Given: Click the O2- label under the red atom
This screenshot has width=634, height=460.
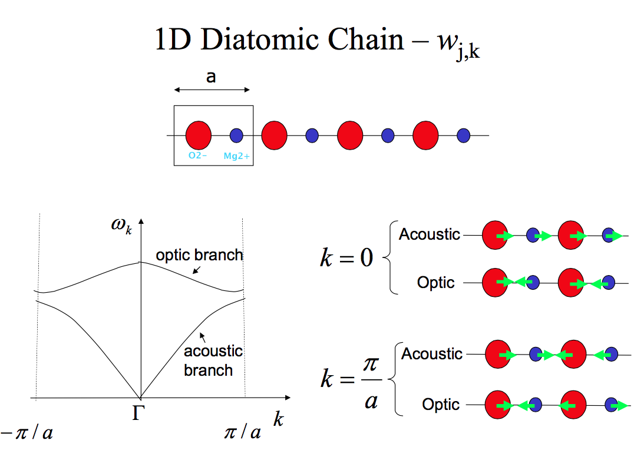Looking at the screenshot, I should (197, 156).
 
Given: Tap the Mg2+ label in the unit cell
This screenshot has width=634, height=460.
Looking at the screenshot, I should (236, 156).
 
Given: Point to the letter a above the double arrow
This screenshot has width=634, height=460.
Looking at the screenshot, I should (211, 77).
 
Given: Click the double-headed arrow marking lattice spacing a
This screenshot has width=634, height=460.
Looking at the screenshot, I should (212, 90).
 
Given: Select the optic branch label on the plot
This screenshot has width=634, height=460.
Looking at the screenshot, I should (199, 255).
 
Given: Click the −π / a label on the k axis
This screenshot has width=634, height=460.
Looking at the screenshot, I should (27, 433).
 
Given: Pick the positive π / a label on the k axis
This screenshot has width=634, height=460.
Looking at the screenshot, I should (242, 433).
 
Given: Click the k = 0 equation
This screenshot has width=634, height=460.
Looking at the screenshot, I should (346, 258).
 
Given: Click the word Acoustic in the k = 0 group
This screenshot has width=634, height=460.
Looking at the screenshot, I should (430, 234).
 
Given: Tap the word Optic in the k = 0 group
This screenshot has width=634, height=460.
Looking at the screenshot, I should (436, 283).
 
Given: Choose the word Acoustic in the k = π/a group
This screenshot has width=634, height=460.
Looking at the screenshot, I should (432, 354).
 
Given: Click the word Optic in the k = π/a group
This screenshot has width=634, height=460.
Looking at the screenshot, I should (441, 405).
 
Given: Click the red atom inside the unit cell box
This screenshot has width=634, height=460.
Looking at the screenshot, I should (199, 135).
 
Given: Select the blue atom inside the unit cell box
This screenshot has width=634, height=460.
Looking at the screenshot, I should (236, 135).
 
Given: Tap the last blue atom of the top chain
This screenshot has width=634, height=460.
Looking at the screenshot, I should (463, 135).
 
